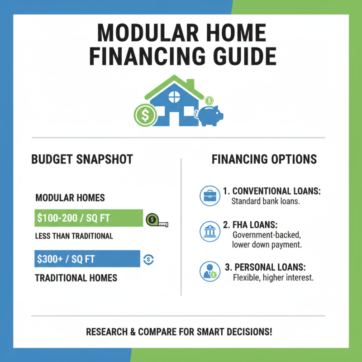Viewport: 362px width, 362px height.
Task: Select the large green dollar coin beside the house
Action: click(145, 115)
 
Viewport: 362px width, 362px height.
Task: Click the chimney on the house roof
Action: click(191, 84)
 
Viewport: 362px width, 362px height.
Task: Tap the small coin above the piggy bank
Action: click(209, 100)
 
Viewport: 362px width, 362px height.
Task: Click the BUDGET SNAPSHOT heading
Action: click(82, 159)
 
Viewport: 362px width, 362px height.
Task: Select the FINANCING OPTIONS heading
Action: click(264, 159)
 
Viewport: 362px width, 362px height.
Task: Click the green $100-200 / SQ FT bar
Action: click(89, 218)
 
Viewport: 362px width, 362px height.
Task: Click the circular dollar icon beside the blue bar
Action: click(148, 259)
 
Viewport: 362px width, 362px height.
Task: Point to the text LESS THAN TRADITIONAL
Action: click(74, 236)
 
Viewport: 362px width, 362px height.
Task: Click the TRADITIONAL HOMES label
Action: click(76, 277)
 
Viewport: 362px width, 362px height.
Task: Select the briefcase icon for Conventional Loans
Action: click(209, 195)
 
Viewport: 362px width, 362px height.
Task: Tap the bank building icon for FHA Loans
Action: click(209, 232)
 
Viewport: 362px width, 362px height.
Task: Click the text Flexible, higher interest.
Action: click(272, 277)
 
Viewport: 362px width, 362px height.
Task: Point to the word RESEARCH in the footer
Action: click(107, 332)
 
